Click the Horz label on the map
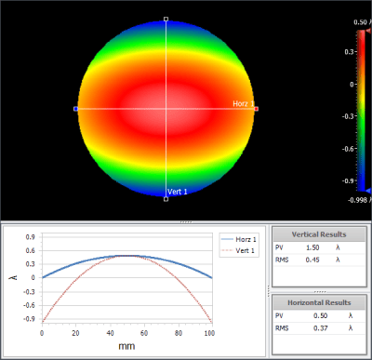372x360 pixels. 240,103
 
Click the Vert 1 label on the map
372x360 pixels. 177,192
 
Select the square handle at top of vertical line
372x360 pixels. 166,19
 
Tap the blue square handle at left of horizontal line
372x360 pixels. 75,109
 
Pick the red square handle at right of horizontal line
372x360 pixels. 256,109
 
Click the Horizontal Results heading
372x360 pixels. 319,302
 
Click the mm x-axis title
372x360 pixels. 127,347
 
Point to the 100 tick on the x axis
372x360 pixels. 212,331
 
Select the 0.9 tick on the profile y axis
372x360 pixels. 31,236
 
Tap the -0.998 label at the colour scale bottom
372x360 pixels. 359,201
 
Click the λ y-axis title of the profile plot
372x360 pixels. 13,277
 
